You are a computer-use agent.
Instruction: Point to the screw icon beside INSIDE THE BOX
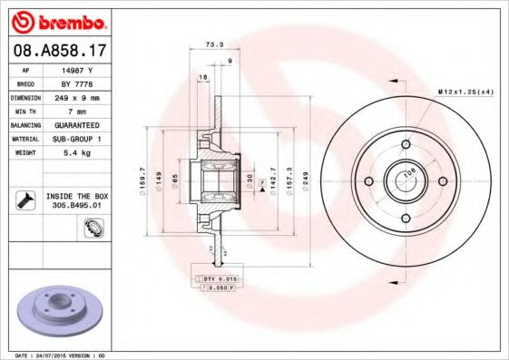pos(26,200)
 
